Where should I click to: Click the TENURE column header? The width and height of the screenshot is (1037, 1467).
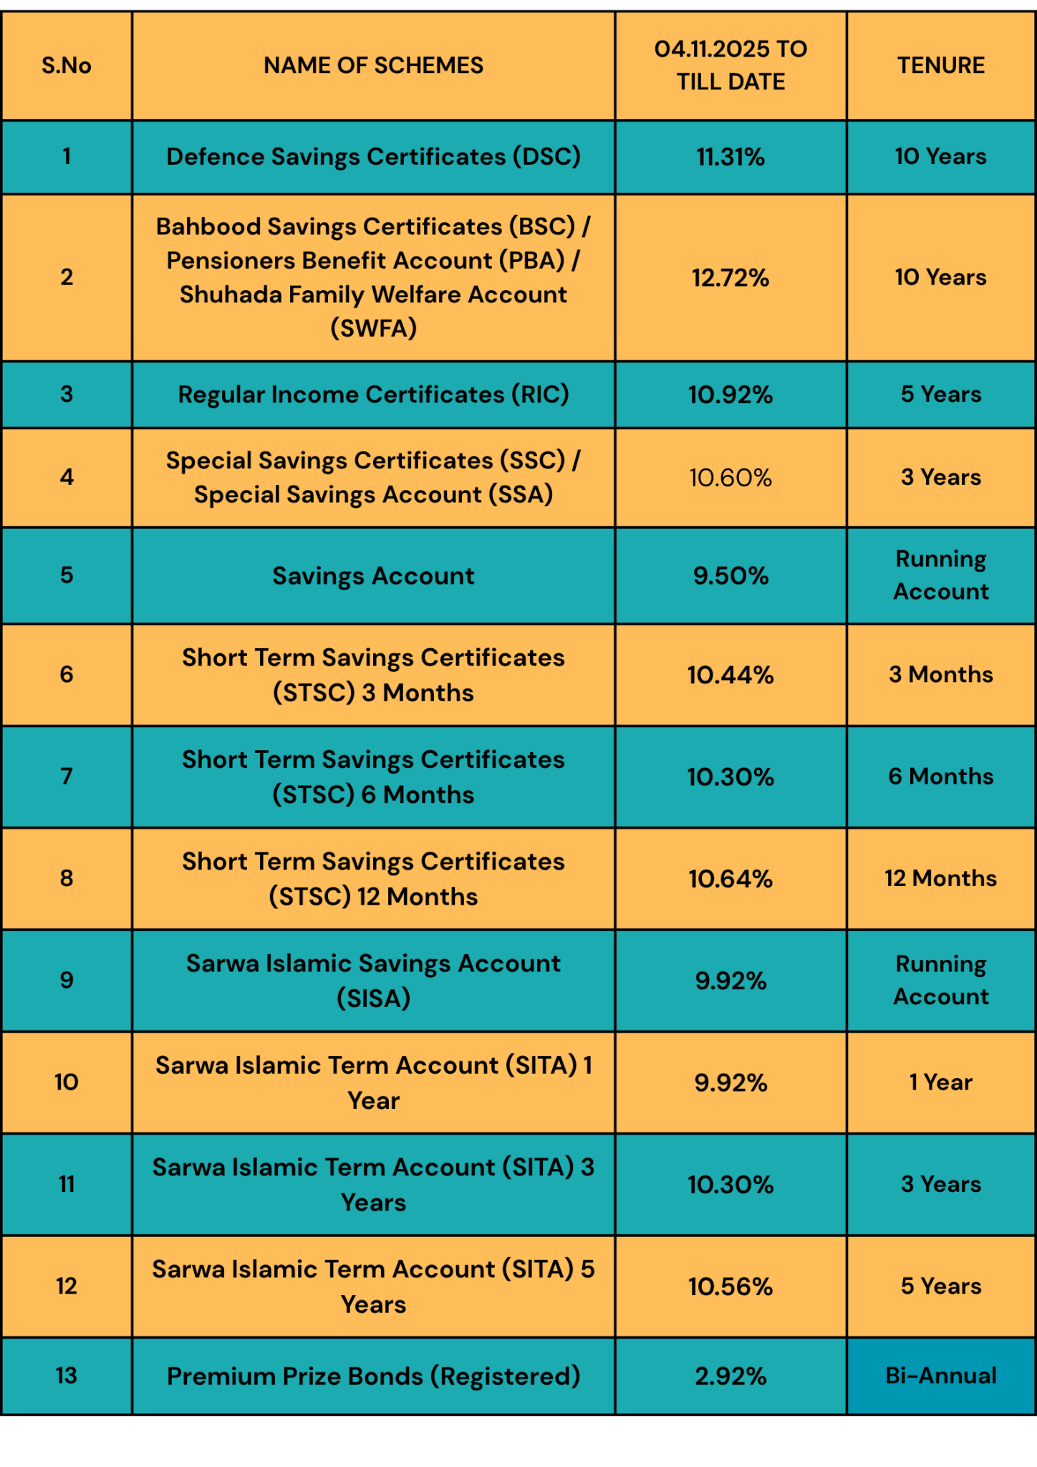click(940, 65)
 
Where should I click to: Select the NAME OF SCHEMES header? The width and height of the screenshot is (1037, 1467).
click(373, 65)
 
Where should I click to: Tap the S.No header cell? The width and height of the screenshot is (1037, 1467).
click(67, 65)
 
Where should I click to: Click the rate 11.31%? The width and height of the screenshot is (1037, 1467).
click(730, 157)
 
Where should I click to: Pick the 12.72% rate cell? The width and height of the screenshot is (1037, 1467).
click(730, 277)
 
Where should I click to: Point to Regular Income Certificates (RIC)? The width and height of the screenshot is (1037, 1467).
click(373, 394)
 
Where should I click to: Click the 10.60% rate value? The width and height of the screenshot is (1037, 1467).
click(730, 477)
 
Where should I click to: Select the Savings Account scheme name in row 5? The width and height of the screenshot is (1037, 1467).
click(373, 576)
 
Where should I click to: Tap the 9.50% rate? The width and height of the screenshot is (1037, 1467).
click(730, 576)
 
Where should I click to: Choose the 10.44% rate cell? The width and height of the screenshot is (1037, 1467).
click(730, 675)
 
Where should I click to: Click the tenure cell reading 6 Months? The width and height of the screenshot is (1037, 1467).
click(940, 776)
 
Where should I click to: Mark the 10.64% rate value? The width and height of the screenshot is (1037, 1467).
click(730, 879)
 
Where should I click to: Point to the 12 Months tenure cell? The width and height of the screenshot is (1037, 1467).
click(940, 878)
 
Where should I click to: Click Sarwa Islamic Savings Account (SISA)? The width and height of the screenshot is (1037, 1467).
click(373, 980)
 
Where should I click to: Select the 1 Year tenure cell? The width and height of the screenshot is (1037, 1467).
click(940, 1082)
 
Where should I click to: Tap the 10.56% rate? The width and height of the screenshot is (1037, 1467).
click(730, 1286)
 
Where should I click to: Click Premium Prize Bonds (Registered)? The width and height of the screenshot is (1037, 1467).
click(373, 1376)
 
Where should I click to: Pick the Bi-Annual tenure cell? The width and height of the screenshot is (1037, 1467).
click(940, 1375)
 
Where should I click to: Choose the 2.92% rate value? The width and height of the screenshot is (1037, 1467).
click(730, 1376)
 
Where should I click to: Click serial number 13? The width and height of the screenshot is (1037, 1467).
click(67, 1375)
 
